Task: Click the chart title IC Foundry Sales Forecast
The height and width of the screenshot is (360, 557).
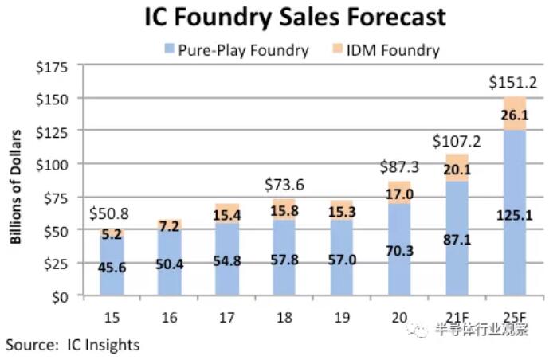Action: point(294,18)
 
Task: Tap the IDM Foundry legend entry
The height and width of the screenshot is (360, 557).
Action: point(397,50)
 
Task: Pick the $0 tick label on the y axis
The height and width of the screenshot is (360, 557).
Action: point(59,296)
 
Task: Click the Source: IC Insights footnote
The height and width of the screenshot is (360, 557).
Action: point(73,345)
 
